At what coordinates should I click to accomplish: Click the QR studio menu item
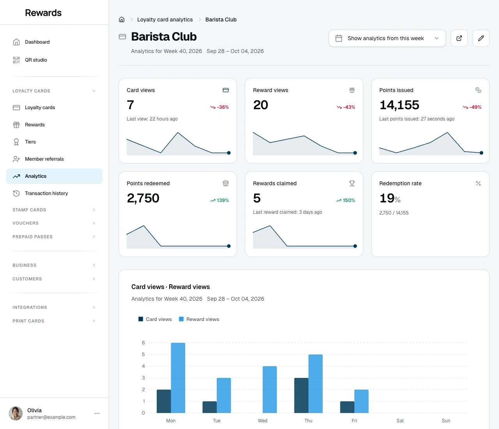tap(36, 60)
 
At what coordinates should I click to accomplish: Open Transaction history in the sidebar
tap(46, 193)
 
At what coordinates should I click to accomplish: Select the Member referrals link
tap(44, 159)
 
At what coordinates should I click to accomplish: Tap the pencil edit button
tap(481, 38)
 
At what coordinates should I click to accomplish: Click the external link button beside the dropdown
tap(459, 38)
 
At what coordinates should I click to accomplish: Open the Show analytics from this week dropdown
tap(387, 38)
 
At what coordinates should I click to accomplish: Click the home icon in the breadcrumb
tap(122, 19)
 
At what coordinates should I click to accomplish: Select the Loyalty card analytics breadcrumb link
tap(165, 19)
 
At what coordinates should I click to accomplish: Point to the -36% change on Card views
tap(219, 107)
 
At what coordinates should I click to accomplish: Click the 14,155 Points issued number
tap(399, 105)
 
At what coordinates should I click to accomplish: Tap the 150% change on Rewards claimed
tap(345, 200)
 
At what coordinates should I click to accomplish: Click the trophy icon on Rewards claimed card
tap(352, 183)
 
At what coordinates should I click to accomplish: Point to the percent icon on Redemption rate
tap(478, 183)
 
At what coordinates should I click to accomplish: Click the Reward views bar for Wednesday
tap(270, 390)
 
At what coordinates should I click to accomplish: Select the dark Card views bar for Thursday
tap(301, 395)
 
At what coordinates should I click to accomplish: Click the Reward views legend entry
tap(199, 319)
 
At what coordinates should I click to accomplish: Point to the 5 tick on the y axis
tap(143, 355)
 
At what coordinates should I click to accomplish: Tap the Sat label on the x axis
tap(400, 420)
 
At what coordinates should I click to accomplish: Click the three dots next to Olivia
tap(97, 413)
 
